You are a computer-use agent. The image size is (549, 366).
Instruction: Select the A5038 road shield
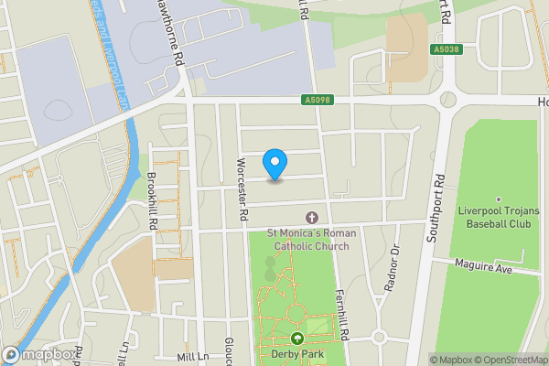tap(447, 50)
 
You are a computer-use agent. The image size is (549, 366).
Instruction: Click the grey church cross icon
tap(311, 218)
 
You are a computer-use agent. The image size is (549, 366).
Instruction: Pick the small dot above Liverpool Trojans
tap(499, 199)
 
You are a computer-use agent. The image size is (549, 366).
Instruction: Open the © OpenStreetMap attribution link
tap(509, 360)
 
